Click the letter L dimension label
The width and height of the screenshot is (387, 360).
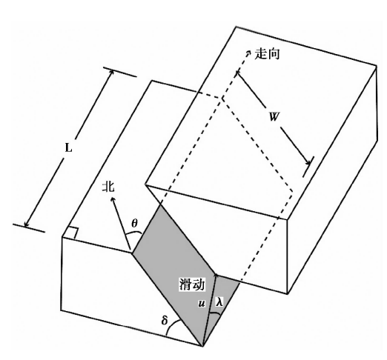click(68, 148)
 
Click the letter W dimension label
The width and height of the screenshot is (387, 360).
click(274, 116)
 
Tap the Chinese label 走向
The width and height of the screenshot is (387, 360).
click(267, 53)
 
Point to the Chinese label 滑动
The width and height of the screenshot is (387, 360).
click(192, 284)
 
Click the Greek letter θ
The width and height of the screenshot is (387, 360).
click(134, 224)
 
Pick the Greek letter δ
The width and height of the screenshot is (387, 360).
click(165, 320)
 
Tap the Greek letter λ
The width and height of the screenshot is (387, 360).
click(219, 301)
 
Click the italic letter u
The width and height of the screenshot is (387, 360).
click(202, 304)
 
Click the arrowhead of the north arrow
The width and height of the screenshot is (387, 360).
click(113, 199)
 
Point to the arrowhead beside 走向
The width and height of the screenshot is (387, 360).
click(248, 52)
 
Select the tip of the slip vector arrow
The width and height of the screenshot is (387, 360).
click(216, 275)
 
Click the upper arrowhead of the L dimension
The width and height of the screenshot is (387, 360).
click(112, 72)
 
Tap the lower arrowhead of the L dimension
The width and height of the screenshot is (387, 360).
click(26, 224)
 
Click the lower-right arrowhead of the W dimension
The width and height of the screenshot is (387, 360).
click(309, 163)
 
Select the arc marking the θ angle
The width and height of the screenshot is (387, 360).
click(133, 233)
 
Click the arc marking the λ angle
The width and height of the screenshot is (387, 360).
click(215, 313)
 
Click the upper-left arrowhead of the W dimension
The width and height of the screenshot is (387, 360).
click(238, 73)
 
